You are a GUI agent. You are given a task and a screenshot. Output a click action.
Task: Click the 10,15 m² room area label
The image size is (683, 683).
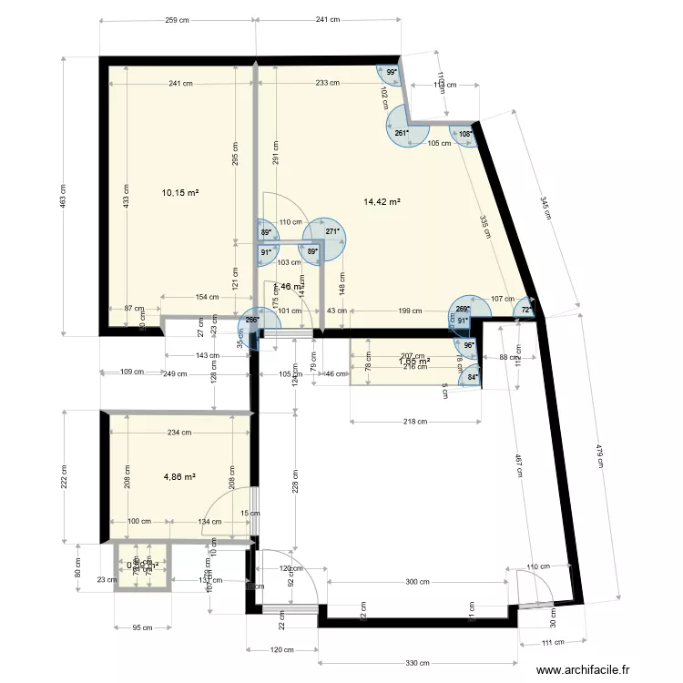tap(180, 192)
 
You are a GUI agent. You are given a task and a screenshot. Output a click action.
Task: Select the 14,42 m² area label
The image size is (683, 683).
tap(382, 202)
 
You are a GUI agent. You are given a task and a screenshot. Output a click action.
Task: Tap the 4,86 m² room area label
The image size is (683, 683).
tap(180, 475)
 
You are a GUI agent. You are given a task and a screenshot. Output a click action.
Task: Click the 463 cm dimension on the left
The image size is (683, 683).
tap(63, 196)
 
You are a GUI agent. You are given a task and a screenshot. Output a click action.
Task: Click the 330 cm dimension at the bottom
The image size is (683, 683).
tap(418, 662)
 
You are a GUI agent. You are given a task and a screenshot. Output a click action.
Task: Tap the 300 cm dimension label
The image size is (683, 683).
tap(418, 581)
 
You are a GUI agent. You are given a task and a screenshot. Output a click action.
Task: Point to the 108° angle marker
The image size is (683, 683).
tap(465, 134)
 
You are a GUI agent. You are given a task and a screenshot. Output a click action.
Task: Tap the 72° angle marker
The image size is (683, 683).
tap(526, 310)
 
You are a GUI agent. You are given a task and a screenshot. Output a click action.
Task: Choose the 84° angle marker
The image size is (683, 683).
tap(473, 377)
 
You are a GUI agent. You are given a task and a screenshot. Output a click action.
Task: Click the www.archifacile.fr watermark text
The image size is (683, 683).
tap(583, 670)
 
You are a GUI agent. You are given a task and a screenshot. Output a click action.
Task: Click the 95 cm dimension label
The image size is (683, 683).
tap(141, 627)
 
